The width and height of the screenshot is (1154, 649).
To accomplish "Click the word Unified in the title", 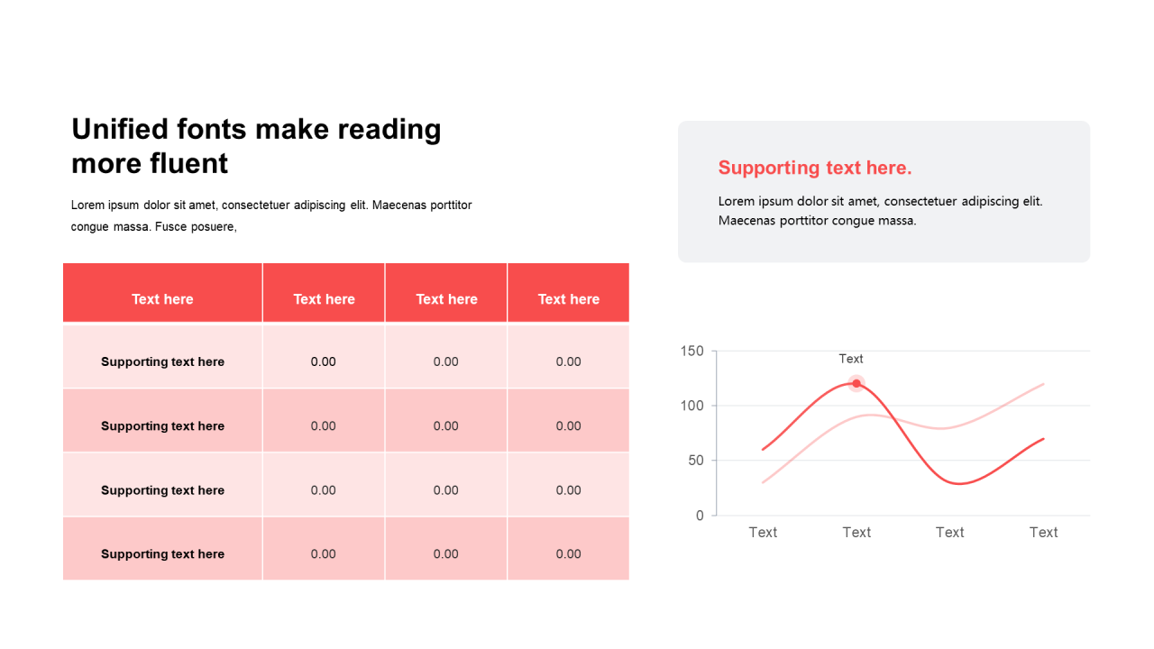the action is [120, 129].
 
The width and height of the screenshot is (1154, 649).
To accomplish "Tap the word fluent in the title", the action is [188, 163].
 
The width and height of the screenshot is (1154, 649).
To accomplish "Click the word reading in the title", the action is [389, 130].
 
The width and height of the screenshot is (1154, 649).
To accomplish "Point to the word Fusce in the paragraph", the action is [170, 226].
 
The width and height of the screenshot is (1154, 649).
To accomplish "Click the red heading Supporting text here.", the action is [815, 168].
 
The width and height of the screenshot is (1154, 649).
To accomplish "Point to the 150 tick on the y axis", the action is [691, 352].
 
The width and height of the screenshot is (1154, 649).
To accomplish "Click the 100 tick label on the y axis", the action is [691, 406].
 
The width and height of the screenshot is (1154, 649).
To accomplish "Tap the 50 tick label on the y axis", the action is [696, 461].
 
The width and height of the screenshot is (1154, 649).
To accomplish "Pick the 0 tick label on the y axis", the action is [700, 516].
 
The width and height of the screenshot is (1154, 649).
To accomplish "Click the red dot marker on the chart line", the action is [856, 383].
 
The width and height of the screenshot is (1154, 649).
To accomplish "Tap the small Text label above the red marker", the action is [850, 359].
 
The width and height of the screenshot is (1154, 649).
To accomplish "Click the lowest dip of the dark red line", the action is [958, 484].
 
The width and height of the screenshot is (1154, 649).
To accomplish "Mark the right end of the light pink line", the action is [1043, 384].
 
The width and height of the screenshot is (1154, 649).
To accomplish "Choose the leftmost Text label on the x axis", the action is [763, 532].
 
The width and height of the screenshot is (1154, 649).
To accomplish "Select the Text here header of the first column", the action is [162, 299].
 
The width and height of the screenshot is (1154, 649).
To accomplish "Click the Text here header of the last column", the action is [568, 299].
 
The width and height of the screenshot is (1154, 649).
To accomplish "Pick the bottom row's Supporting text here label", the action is [162, 554].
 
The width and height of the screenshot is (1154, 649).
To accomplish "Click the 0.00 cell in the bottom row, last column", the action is [568, 554].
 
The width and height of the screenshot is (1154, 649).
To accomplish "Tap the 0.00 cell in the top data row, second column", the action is [323, 361].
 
